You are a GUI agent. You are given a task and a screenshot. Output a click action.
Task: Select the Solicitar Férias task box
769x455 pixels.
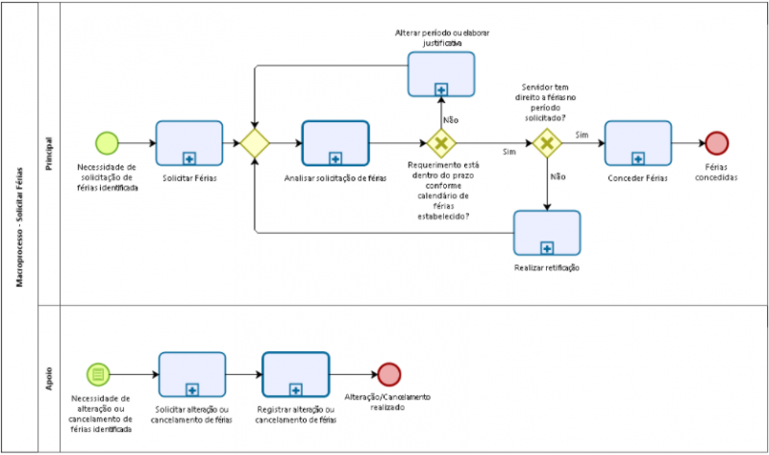[x=188, y=143]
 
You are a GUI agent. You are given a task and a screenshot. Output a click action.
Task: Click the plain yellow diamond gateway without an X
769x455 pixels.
[x=255, y=143]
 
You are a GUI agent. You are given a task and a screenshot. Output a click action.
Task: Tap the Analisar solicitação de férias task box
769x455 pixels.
[x=335, y=143]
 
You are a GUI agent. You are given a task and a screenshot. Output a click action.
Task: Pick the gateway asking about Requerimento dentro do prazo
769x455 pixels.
[x=441, y=144]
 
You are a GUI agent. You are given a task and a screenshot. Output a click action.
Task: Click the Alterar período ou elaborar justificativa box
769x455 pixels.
[x=441, y=74]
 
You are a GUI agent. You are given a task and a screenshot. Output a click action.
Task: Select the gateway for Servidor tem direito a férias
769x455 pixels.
[x=547, y=143]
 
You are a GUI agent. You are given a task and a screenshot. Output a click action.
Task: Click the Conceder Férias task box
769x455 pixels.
[x=638, y=143]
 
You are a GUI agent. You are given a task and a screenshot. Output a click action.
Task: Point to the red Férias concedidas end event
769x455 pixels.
[x=716, y=143]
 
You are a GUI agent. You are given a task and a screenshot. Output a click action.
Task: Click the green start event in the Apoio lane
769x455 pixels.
[x=97, y=374]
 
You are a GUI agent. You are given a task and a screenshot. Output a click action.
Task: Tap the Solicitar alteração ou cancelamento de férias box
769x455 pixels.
[x=191, y=374]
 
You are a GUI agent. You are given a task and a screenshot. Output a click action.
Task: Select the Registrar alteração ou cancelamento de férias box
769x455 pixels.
[x=295, y=374]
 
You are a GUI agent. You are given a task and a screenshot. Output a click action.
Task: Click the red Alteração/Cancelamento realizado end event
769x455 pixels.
[x=388, y=374]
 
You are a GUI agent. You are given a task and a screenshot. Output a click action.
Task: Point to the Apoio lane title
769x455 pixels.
[x=48, y=378]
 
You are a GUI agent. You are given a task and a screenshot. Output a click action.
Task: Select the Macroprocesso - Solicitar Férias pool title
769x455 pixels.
[x=20, y=227]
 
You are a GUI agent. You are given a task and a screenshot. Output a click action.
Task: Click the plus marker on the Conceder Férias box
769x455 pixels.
[x=638, y=159]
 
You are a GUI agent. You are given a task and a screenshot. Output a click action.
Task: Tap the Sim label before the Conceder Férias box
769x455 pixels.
[x=582, y=135]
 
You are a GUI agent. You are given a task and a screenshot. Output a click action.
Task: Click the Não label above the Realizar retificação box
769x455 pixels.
[x=558, y=177]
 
